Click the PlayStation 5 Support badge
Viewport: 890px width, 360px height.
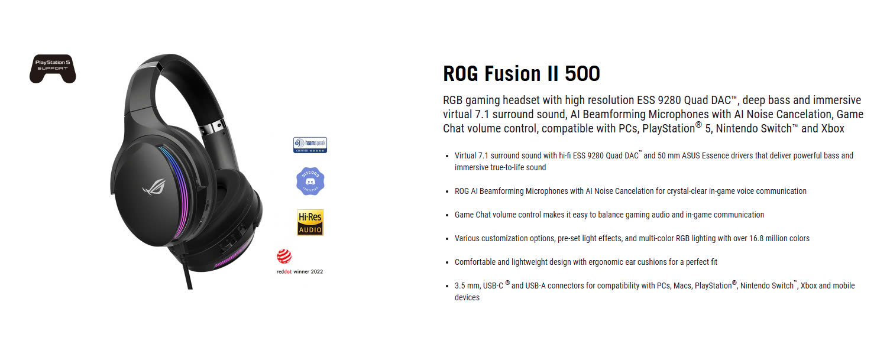pyautogui.click(x=53, y=69)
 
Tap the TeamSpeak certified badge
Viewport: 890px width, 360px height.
pyautogui.click(x=310, y=145)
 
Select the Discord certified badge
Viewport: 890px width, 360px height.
pyautogui.click(x=310, y=181)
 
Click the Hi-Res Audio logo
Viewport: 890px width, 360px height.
pyautogui.click(x=310, y=222)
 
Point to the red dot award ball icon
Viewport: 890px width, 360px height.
pyautogui.click(x=284, y=257)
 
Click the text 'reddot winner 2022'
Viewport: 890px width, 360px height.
pyautogui.click(x=300, y=272)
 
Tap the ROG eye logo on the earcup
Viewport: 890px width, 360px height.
pyautogui.click(x=154, y=187)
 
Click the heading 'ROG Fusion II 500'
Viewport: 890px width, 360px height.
pyautogui.click(x=522, y=73)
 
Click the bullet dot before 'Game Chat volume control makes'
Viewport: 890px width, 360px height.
pyautogui.click(x=448, y=215)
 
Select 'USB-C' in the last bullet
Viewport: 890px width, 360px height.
pyautogui.click(x=493, y=286)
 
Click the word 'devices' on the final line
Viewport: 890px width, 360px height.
pyautogui.click(x=467, y=297)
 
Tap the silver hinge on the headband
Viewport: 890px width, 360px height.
pyautogui.click(x=213, y=127)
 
